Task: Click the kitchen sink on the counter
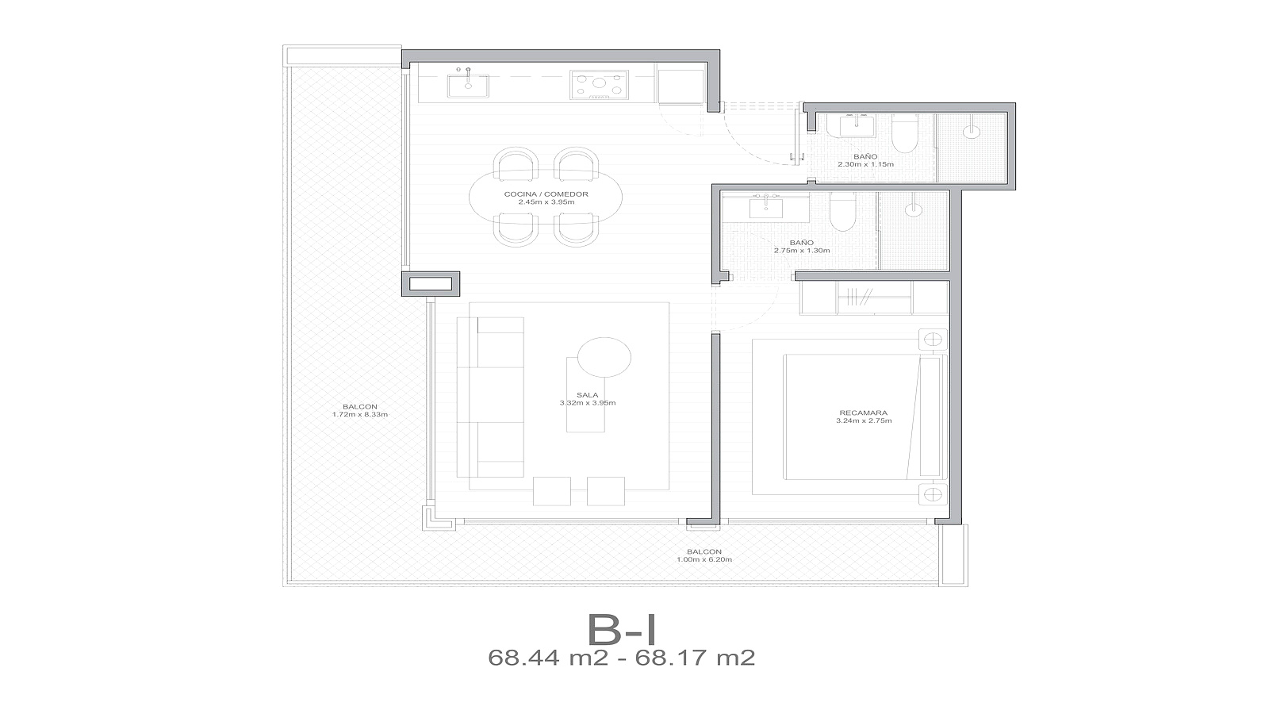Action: [x=468, y=86]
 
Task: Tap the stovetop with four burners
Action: [x=599, y=86]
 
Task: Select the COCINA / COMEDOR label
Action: [x=546, y=194]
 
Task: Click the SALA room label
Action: [x=588, y=395]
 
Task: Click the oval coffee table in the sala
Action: [x=604, y=358]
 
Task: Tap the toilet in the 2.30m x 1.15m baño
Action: [x=904, y=133]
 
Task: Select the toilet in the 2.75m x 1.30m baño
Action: [x=842, y=211]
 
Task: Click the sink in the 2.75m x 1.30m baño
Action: [x=766, y=207]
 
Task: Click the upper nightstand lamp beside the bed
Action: [x=933, y=340]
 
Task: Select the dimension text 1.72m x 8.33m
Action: [x=360, y=414]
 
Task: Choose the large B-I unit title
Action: [x=622, y=630]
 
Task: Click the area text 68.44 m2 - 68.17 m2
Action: [x=622, y=658]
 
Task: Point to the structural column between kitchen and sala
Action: [x=431, y=284]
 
